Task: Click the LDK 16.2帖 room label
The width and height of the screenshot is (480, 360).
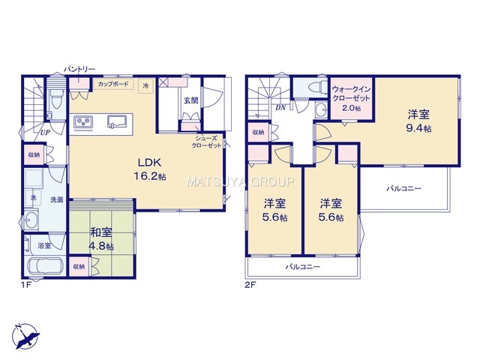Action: [x=150, y=169]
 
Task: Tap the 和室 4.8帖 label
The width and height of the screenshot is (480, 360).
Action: [x=101, y=239]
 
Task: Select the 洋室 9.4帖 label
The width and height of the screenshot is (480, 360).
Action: [x=418, y=121]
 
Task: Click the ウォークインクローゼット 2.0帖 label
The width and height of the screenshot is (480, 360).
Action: [x=351, y=98]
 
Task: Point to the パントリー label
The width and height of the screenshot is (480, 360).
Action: [x=79, y=70]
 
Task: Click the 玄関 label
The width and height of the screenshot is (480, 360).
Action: [x=191, y=100]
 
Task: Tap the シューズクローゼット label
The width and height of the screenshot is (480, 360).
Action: [x=206, y=142]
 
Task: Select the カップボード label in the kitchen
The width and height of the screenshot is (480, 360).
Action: [x=113, y=84]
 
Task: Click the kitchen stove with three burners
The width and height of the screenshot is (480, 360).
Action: [x=83, y=122]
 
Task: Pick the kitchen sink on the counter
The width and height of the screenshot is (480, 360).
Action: [x=117, y=121]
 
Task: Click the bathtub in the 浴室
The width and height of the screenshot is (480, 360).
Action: [x=45, y=265]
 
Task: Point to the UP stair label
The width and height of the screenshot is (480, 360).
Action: [x=45, y=133]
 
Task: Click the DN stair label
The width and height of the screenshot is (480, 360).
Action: [x=280, y=108]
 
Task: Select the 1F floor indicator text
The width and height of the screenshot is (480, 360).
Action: [x=26, y=285]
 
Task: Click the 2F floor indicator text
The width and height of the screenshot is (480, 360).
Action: [x=250, y=285]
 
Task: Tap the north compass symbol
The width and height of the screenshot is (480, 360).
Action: [x=25, y=337]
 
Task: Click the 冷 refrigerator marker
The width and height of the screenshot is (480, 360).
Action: [x=146, y=85]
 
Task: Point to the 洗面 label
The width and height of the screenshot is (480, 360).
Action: [x=57, y=199]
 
